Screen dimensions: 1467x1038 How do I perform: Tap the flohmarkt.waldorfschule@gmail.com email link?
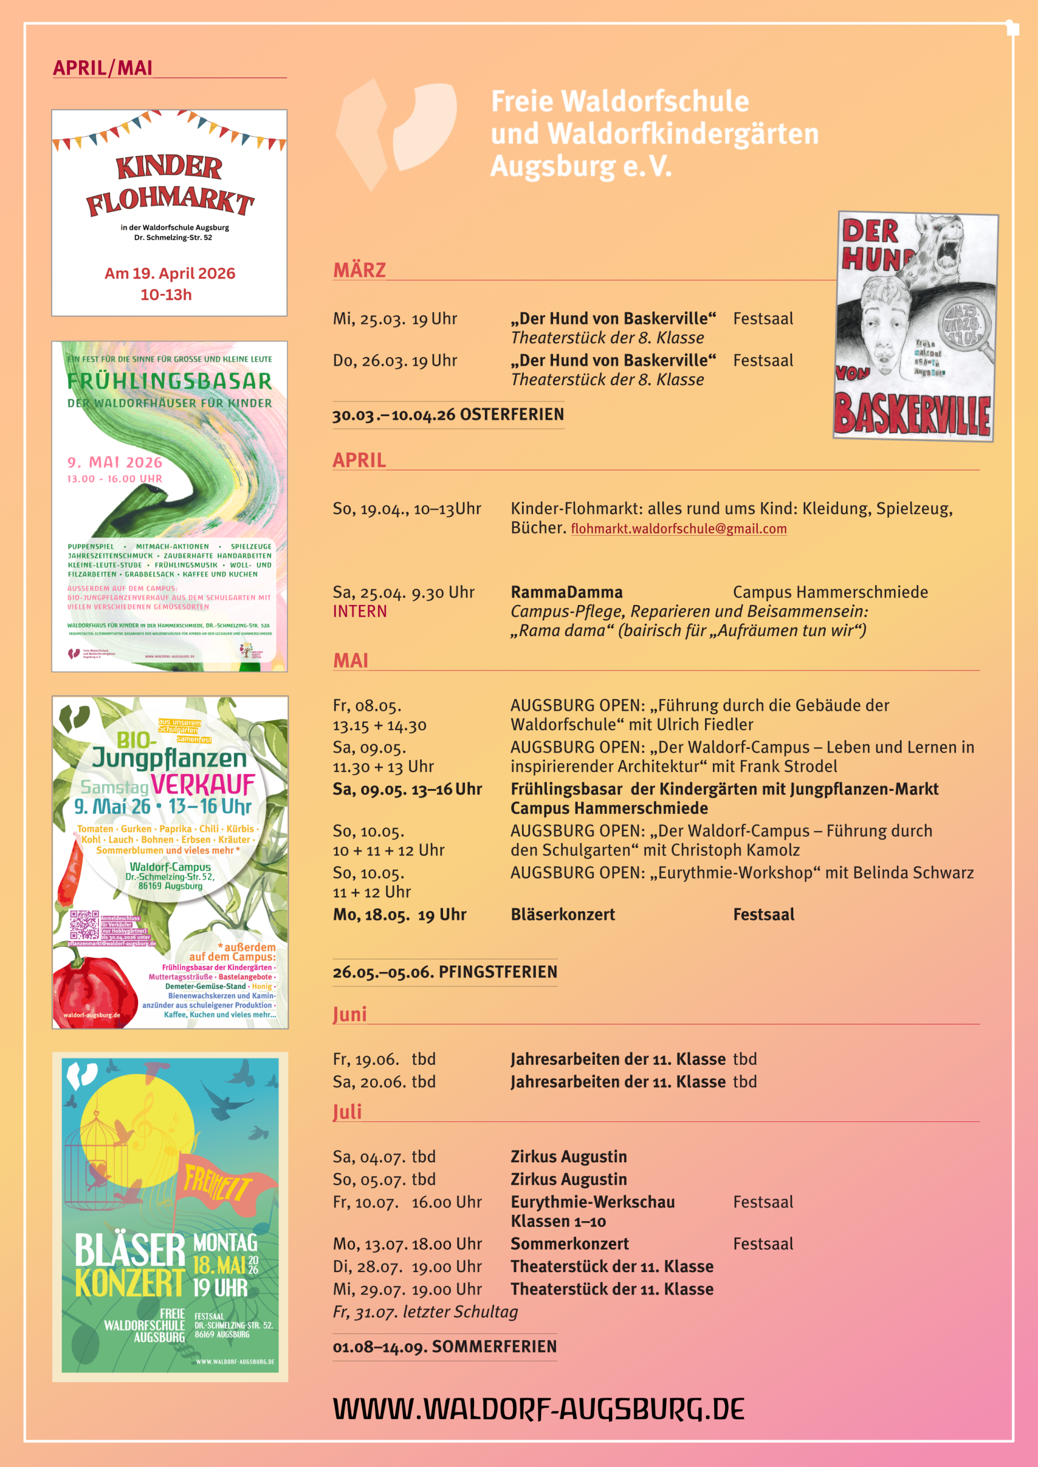tap(678, 529)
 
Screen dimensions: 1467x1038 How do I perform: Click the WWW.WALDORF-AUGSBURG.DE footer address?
tap(538, 1409)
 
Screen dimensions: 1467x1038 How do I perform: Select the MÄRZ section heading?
tap(359, 270)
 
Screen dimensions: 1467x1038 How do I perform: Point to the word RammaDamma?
tap(566, 593)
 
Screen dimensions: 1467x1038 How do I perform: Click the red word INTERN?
tap(360, 611)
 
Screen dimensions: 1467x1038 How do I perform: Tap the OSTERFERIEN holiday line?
tap(448, 415)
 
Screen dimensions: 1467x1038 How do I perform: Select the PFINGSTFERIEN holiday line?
tap(445, 972)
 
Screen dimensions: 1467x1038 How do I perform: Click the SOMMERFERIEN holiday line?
tap(445, 1346)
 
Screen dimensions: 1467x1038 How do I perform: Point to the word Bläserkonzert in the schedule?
tap(562, 915)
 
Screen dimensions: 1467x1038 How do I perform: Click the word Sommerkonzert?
tap(570, 1244)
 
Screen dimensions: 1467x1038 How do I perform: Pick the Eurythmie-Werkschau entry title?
tap(593, 1202)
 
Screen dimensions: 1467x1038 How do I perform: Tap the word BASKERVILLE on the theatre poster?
tap(912, 414)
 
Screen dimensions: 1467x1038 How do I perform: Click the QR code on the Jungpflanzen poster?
tap(84, 924)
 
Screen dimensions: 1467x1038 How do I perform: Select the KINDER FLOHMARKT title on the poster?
tap(170, 185)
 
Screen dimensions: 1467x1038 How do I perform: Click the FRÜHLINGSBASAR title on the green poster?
tap(170, 382)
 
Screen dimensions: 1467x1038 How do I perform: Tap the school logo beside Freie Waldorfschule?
tap(396, 133)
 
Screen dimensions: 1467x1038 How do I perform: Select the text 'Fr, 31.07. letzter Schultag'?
tap(425, 1312)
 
